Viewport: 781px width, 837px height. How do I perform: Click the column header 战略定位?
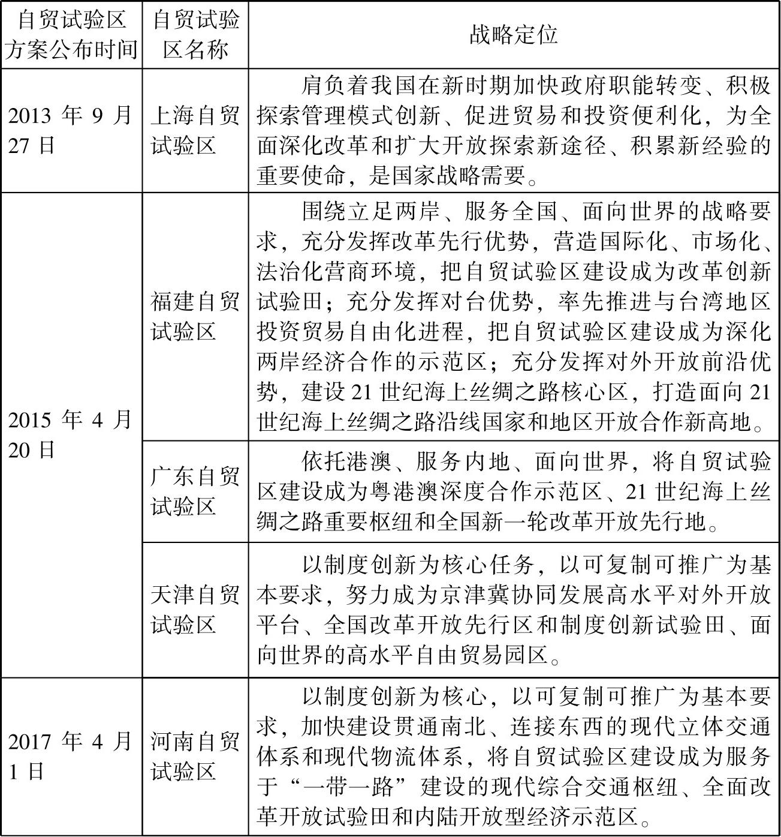pos(514,35)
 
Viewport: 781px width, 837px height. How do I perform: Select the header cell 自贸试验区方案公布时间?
pos(71,35)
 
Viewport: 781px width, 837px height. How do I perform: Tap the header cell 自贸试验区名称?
pos(195,35)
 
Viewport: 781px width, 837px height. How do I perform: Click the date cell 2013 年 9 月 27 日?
pos(70,130)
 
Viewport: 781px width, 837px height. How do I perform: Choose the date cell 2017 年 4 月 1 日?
pos(70,756)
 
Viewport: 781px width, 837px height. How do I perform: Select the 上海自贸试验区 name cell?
pos(195,130)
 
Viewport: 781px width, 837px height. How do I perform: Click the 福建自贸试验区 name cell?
pos(195,316)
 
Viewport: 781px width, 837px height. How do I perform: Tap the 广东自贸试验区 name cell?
pos(195,491)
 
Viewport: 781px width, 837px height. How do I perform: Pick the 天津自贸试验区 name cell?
pos(195,610)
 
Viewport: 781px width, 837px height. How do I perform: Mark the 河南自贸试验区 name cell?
pos(195,756)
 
